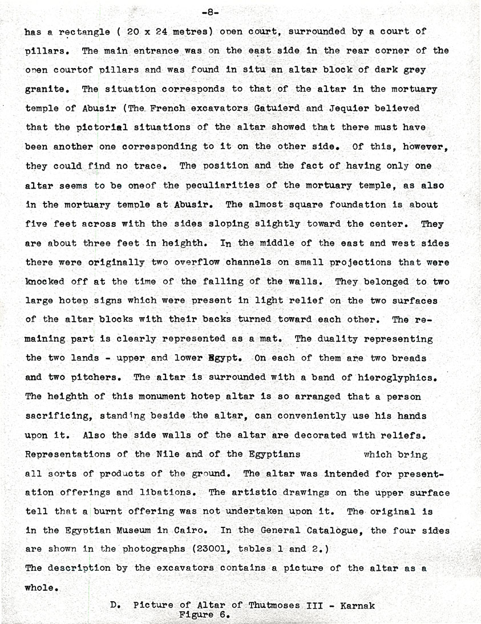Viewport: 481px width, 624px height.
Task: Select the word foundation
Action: point(358,204)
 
